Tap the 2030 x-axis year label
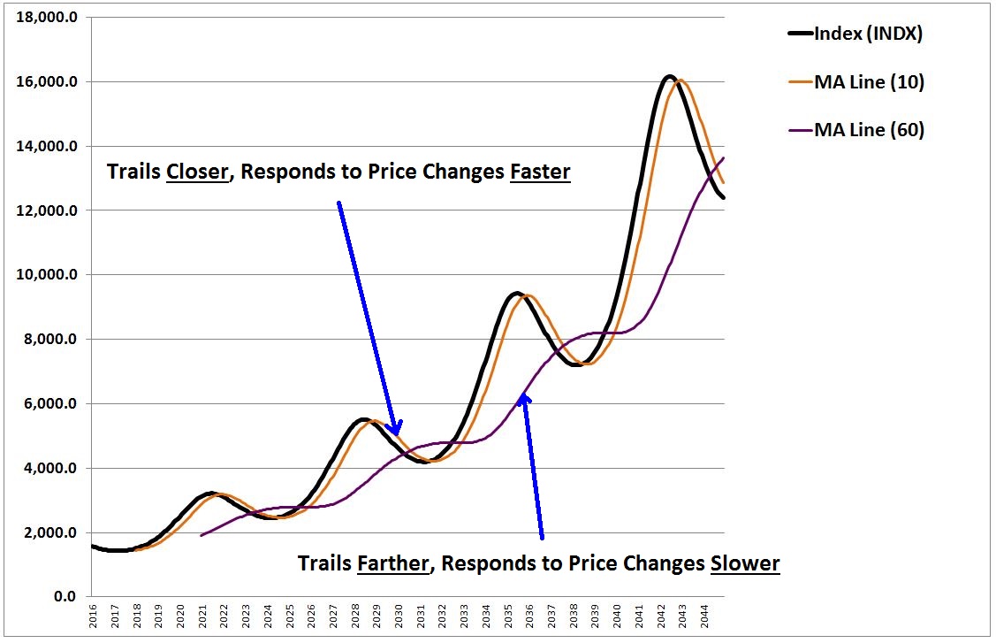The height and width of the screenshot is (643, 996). point(399,616)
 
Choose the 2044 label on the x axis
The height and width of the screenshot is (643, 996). point(703,616)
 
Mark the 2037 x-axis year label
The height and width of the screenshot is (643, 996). point(551,616)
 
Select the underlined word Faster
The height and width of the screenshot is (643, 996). point(540,172)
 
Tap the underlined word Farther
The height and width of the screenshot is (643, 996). point(393,563)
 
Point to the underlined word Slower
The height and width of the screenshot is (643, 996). point(745,563)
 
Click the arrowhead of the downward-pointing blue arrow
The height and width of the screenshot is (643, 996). point(394,430)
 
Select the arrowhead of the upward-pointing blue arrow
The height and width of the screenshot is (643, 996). point(525,399)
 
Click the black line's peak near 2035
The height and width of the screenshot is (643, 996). point(515,293)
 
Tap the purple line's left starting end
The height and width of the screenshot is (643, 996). point(201,535)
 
